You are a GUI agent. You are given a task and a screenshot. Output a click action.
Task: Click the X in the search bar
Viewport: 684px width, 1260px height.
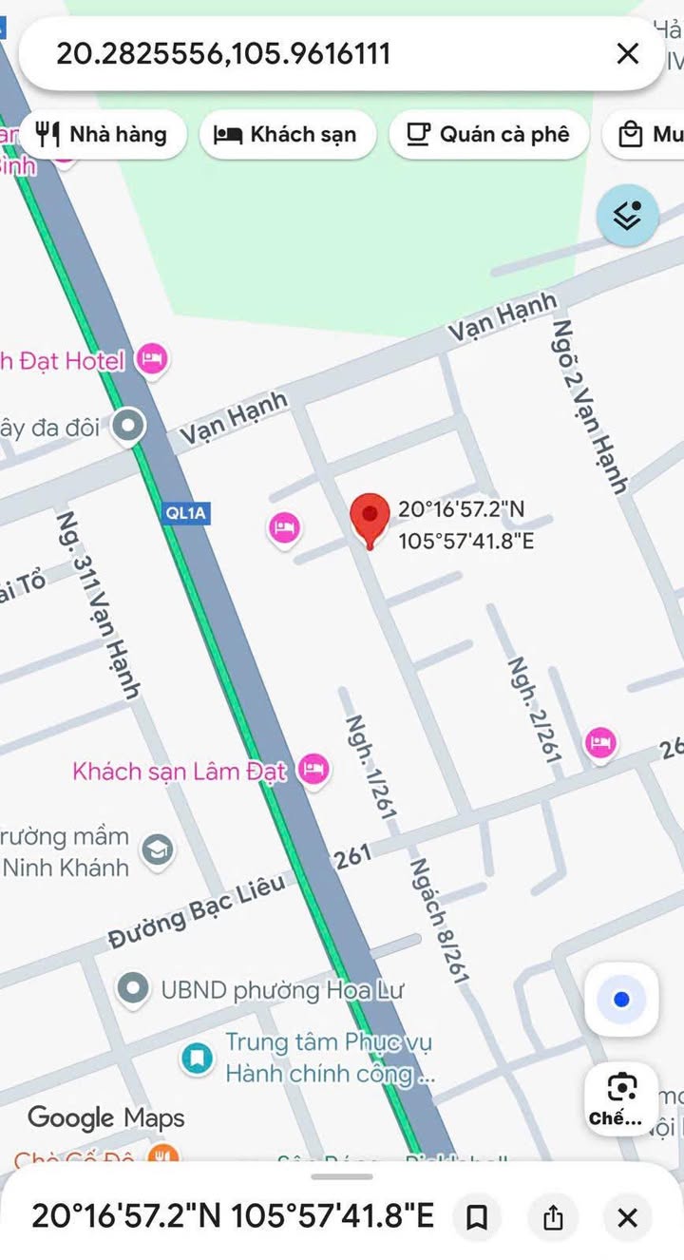(628, 54)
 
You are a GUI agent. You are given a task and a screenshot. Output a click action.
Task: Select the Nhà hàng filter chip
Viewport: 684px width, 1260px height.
(102, 135)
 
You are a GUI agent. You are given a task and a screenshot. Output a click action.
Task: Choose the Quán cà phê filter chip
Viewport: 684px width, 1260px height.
(488, 135)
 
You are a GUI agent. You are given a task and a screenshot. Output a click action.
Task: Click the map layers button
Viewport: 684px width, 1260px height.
(627, 216)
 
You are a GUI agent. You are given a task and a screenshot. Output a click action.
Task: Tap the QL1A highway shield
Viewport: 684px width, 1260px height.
(186, 513)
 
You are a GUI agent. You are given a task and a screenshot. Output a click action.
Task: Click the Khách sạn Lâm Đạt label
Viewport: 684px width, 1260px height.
(180, 771)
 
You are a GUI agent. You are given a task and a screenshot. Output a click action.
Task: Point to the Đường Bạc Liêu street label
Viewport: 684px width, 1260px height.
(197, 910)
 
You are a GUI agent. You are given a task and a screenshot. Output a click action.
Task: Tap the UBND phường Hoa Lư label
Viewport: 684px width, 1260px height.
(281, 990)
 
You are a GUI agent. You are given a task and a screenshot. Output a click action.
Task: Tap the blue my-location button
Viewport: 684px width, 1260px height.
(622, 1000)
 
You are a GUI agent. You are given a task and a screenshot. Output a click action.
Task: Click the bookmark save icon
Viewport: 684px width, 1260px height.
(477, 1217)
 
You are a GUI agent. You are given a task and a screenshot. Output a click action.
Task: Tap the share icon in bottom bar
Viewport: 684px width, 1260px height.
(553, 1217)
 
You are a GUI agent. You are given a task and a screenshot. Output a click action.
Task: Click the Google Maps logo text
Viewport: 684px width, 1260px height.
(106, 1117)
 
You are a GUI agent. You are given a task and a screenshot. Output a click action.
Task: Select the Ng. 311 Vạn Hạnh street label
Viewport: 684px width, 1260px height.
(98, 604)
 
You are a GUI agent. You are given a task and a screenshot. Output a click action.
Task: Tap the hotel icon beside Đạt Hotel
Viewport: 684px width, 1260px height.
(152, 359)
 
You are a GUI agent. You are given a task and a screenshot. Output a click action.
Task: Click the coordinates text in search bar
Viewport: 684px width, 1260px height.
(223, 53)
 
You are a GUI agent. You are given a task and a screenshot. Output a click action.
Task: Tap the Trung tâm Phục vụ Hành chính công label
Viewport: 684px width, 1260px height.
(329, 1059)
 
